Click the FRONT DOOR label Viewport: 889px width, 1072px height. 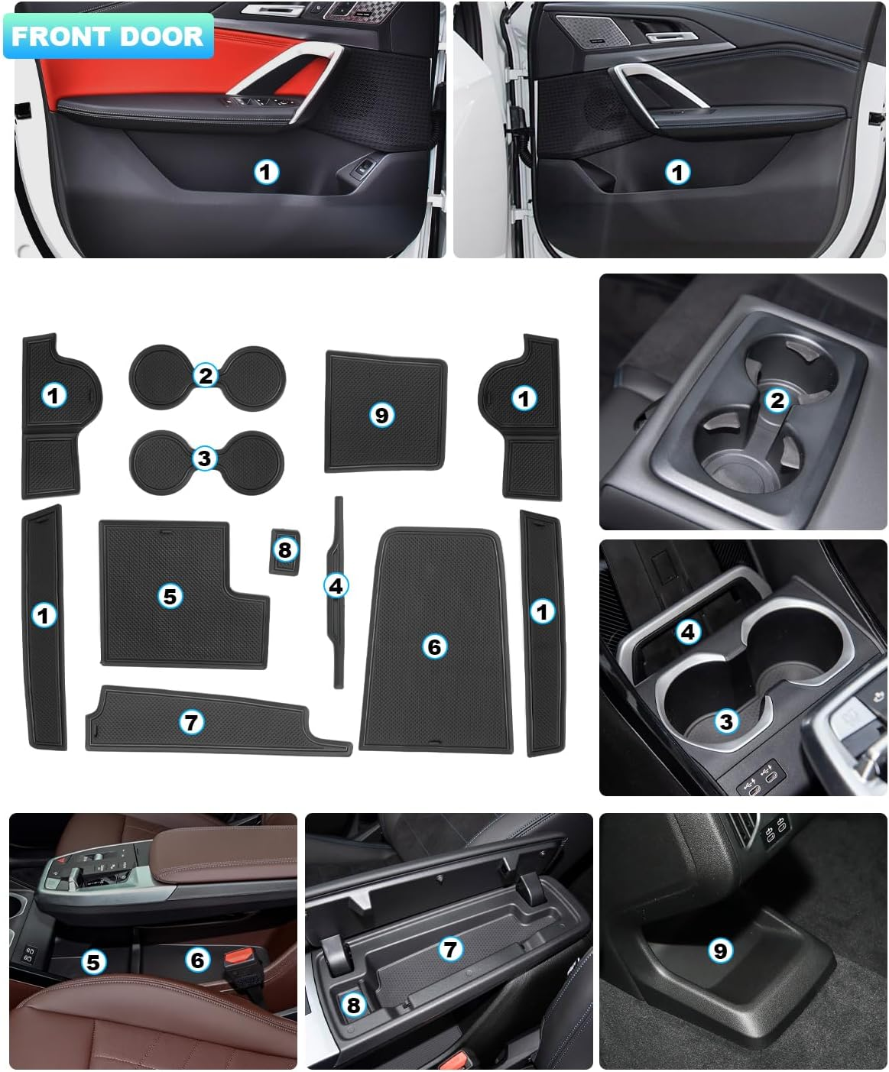107,36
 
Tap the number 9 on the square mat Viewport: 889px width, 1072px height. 381,415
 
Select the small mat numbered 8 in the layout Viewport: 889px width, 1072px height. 284,549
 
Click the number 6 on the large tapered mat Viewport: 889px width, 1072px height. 434,646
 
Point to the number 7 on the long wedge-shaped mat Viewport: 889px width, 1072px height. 191,721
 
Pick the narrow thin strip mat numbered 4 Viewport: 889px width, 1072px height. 336,586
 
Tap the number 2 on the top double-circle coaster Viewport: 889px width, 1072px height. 205,375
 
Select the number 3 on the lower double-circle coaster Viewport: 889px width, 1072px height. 204,458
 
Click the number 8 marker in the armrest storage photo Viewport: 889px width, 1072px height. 353,1004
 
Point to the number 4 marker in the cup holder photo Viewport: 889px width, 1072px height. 688,631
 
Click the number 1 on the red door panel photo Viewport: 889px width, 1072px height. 265,172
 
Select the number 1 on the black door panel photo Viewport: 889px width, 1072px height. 676,172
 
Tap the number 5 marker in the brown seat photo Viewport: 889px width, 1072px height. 93,961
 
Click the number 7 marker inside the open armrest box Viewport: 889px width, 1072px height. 450,949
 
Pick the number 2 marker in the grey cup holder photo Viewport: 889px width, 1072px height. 777,400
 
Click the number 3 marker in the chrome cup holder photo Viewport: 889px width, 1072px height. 725,721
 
